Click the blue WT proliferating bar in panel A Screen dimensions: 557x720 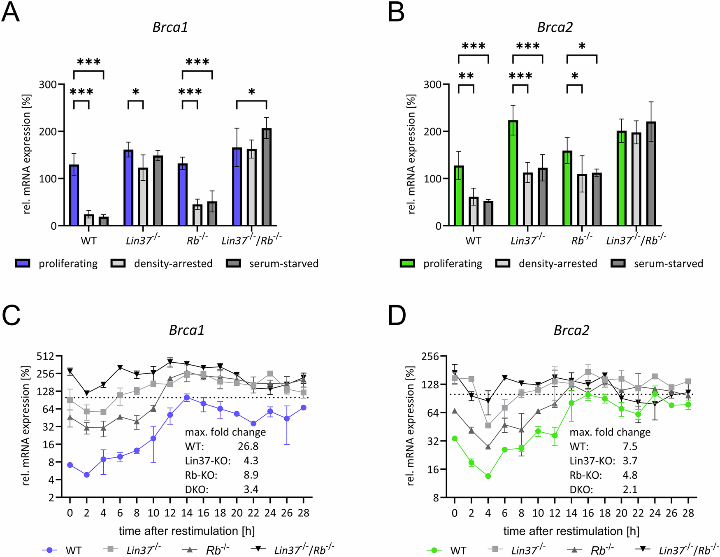[74, 195]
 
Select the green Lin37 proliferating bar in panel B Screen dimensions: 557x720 [513, 173]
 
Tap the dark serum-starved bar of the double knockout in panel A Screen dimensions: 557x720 [267, 177]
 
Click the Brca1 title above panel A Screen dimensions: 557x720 [170, 27]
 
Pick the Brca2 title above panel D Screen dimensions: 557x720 [571, 330]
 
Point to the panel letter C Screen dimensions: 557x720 [11, 316]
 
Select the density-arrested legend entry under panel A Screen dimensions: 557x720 [162, 263]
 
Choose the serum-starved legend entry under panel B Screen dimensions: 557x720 [657, 263]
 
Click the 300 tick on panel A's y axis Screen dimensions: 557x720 [48, 84]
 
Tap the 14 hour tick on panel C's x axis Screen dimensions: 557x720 [187, 513]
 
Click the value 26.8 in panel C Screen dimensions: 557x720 [248, 446]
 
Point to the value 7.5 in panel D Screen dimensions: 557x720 [630, 446]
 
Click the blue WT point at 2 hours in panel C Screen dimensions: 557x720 [87, 475]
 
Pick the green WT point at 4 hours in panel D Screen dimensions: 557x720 [488, 476]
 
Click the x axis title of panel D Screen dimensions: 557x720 [571, 531]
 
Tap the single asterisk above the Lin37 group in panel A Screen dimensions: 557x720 [136, 92]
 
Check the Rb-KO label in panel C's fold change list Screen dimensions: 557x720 [201, 475]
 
